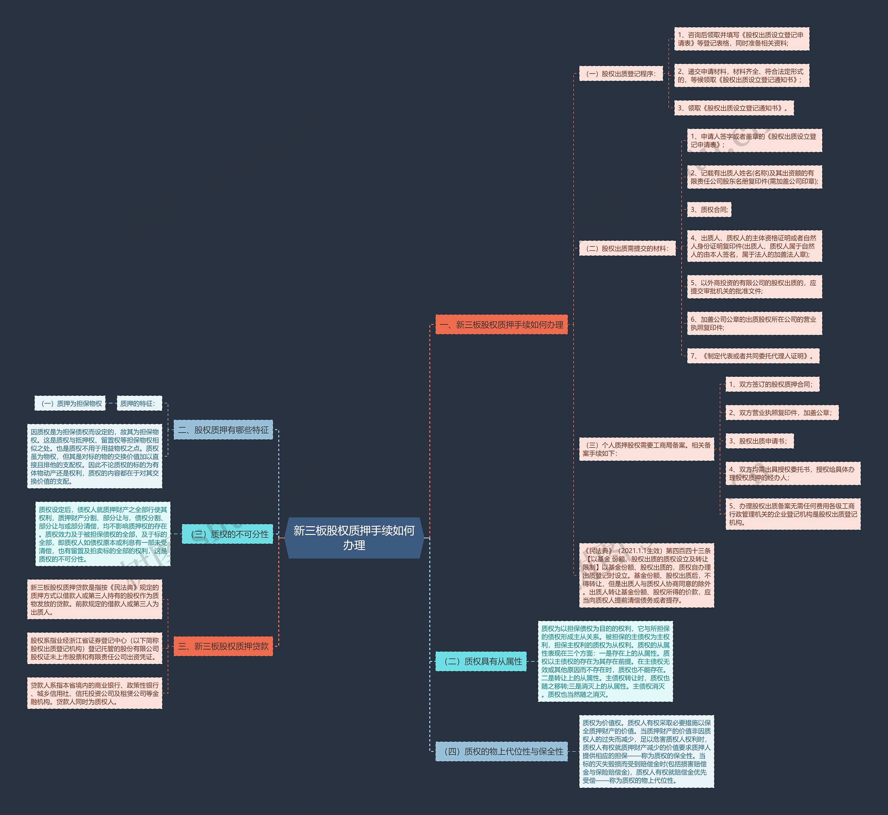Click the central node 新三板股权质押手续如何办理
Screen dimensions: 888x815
coord(354,538)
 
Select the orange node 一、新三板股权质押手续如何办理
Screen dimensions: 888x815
coord(501,324)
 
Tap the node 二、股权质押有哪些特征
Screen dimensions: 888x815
coord(223,430)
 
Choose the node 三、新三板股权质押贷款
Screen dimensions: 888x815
coord(223,646)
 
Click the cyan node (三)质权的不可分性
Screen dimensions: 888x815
coord(228,534)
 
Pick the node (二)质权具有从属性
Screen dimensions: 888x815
coord(481,661)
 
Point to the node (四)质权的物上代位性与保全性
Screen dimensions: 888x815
coord(501,752)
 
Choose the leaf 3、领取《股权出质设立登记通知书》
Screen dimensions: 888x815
coord(734,108)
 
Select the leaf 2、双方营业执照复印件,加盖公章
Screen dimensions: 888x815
coord(782,413)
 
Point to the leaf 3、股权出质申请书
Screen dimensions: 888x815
coord(759,441)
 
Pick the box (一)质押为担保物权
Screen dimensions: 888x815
coord(70,404)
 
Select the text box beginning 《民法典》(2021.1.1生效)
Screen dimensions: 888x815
coord(646,575)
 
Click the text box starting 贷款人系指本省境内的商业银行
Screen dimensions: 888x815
coord(94,693)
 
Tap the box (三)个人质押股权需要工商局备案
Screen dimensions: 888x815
coord(646,449)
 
